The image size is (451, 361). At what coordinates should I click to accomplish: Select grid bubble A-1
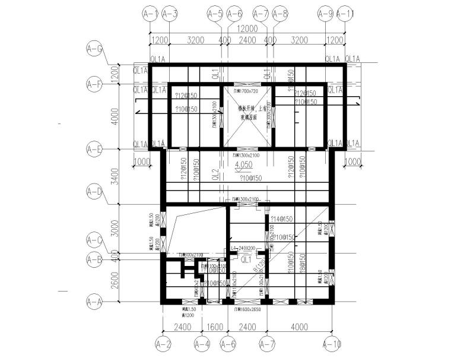150,13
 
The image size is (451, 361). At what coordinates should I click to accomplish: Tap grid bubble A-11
345,13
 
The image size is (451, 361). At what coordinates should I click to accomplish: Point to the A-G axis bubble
94,49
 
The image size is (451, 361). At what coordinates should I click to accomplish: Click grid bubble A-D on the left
94,192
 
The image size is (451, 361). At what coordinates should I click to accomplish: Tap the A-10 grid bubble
332,343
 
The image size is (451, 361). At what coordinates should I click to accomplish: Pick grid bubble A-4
203,343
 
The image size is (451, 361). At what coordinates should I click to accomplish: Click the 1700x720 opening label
246,91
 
